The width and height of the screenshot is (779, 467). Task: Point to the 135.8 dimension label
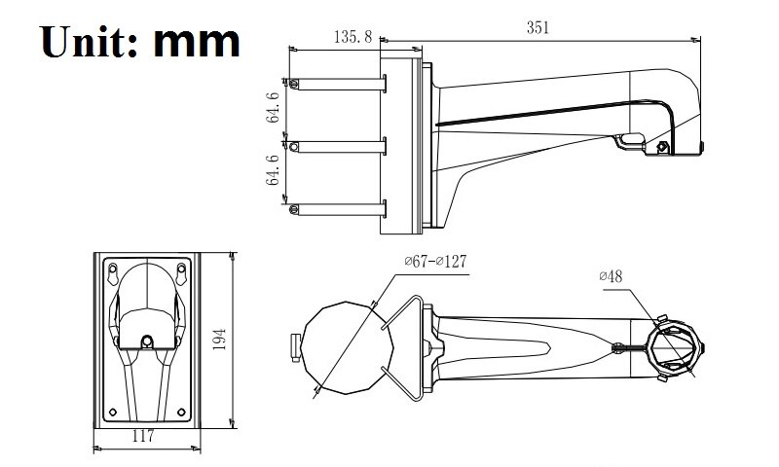[x=353, y=37]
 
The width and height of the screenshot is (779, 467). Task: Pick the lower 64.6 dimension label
[x=275, y=170]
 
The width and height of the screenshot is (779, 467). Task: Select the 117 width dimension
[x=143, y=437]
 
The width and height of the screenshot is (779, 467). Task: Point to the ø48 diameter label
[x=611, y=276]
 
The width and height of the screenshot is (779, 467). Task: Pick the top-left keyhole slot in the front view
[x=114, y=269]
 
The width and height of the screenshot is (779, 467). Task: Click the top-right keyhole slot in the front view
[x=181, y=269]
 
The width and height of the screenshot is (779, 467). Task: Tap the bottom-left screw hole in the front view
[x=113, y=409]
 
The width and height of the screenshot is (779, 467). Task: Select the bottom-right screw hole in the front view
[x=181, y=409]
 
